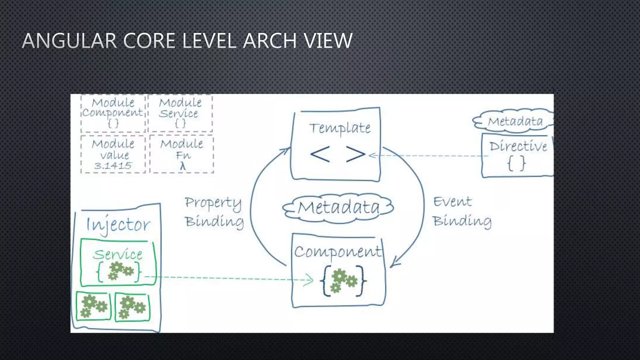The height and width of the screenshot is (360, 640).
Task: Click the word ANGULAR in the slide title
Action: [69, 41]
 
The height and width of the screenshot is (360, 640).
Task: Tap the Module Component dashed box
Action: [113, 113]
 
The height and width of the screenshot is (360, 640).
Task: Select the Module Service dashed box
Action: [180, 113]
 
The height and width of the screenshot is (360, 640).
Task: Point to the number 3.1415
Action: [113, 166]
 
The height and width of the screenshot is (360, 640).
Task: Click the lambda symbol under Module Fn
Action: [183, 166]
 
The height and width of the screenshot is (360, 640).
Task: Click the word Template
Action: [340, 128]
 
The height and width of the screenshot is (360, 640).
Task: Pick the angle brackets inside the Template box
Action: [337, 154]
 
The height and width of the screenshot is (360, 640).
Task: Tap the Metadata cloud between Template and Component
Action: [338, 207]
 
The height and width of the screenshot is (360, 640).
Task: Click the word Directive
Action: [518, 146]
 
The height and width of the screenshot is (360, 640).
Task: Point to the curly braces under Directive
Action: [516, 163]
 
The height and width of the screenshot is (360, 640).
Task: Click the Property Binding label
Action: [214, 212]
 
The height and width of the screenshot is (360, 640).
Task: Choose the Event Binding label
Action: [462, 211]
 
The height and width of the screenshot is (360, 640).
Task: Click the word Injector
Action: [118, 225]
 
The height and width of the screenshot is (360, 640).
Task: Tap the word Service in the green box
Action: [117, 254]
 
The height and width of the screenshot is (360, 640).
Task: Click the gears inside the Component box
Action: [343, 280]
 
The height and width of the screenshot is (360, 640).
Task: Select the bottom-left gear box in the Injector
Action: [93, 307]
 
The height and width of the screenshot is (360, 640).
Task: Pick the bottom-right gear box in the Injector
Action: [132, 307]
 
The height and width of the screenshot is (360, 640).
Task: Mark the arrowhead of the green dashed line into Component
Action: [309, 279]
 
